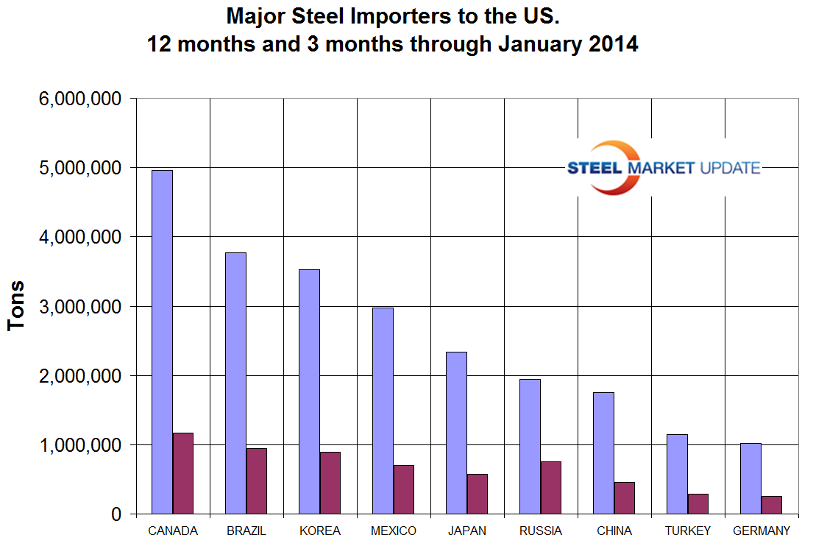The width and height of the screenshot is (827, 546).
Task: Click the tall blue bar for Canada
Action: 162,342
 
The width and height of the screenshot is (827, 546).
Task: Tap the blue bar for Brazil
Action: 235,383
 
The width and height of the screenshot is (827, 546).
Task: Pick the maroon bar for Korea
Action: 330,483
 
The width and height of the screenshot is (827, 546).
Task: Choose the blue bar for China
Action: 603,453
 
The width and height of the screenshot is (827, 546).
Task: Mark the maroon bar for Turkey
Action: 698,504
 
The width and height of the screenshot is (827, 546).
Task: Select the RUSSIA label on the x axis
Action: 541,531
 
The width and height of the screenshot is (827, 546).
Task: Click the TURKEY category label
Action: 688,531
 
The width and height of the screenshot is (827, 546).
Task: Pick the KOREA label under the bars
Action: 320,531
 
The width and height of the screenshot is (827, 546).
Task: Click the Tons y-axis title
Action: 16,306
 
